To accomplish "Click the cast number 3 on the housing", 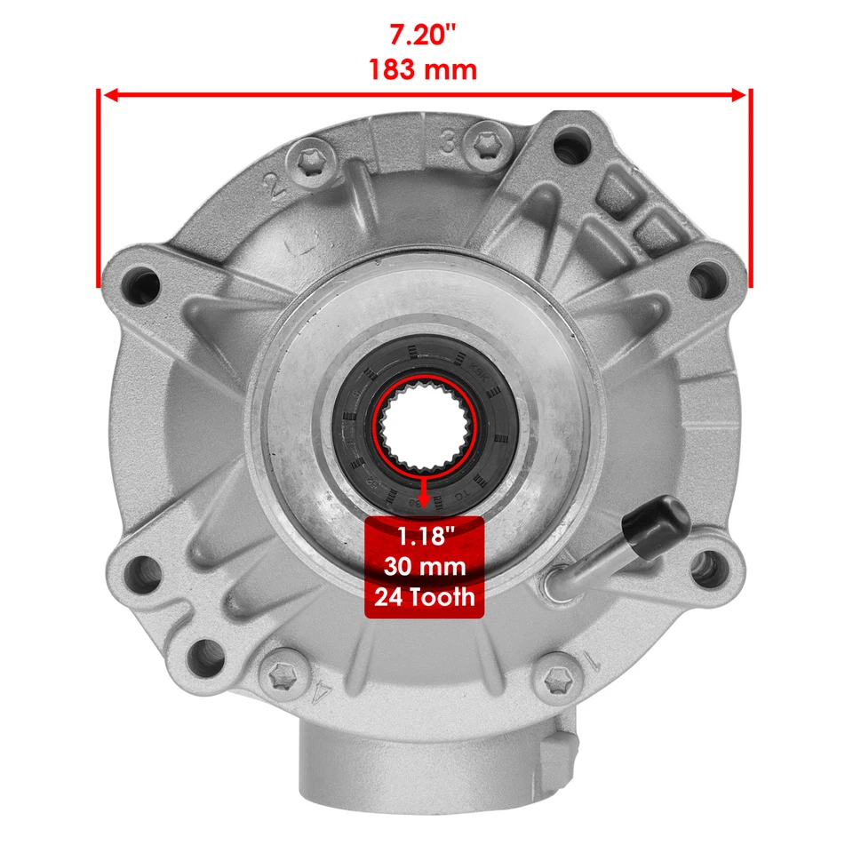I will pos(448,140).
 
